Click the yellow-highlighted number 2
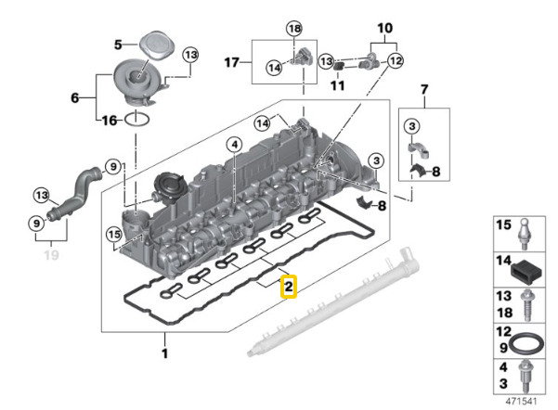tap(289, 288)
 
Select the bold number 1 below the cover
tap(165, 353)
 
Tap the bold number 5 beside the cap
tap(118, 44)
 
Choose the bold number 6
tap(76, 96)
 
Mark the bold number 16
tap(108, 121)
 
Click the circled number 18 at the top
tap(294, 31)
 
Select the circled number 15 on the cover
tap(113, 235)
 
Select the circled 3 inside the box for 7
tap(412, 125)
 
